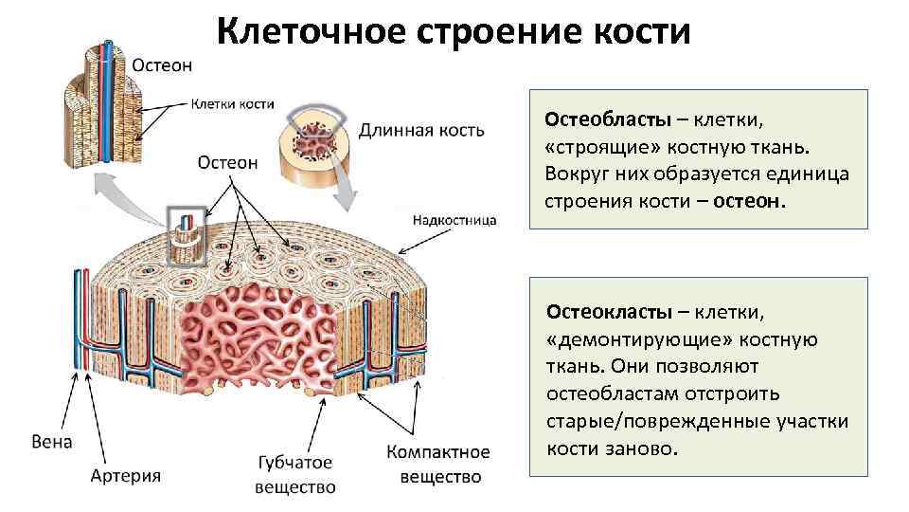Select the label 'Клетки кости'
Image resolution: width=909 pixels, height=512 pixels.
[x=233, y=104]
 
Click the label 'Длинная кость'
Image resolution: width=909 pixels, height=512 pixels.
[x=421, y=129]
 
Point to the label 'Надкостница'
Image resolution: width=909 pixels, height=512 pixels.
[x=454, y=220]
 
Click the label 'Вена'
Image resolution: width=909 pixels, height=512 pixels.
[x=51, y=443]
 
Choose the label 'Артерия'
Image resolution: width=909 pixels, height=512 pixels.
[x=126, y=475]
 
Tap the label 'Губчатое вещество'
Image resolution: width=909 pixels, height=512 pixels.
[x=295, y=474]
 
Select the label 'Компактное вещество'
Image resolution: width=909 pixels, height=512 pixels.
[x=438, y=465]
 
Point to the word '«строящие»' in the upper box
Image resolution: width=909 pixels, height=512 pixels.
[x=602, y=147]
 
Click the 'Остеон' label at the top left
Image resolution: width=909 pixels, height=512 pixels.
[x=162, y=65]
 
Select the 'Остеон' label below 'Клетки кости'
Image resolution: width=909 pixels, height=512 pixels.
[x=227, y=162]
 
